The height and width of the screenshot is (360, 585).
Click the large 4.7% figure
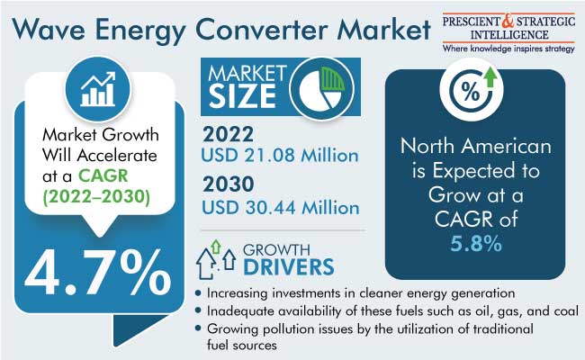coord(98,273)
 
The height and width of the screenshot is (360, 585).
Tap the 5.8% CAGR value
coord(476,243)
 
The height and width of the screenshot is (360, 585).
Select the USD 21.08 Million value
coord(280,155)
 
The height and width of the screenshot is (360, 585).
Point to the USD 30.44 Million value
coord(281,207)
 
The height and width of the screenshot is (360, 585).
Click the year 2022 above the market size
coord(228,134)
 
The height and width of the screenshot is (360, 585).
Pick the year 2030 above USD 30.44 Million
coord(229,184)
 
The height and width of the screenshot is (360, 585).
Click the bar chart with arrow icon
coord(98,89)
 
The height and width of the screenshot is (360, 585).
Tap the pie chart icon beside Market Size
coord(322,88)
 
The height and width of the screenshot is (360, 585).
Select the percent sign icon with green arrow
coord(472,89)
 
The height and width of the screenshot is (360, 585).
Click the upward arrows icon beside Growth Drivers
coord(216,260)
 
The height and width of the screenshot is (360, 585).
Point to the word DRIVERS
coord(289,266)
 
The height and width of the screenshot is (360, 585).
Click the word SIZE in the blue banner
coord(242,96)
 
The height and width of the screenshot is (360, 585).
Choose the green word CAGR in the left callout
coord(103,175)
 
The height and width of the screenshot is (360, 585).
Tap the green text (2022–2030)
coord(96,196)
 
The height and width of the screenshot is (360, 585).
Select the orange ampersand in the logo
coord(508,22)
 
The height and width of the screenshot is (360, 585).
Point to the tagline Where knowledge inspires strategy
coord(508,49)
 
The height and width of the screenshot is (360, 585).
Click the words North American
coord(476,146)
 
